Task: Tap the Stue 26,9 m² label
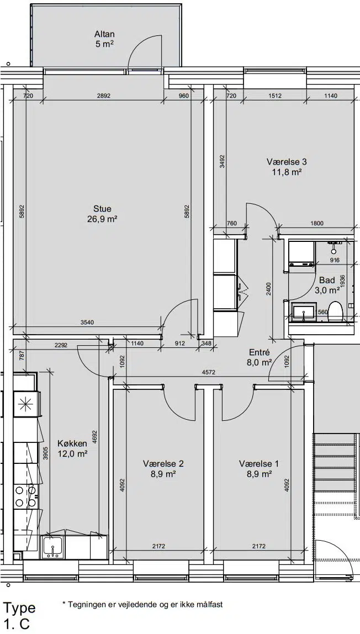(x=102, y=214)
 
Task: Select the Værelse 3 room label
(x=287, y=167)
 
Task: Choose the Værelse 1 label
(x=259, y=469)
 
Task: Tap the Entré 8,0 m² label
(x=260, y=357)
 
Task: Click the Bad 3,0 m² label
(x=327, y=285)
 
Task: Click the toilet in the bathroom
(x=335, y=312)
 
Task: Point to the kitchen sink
(x=52, y=547)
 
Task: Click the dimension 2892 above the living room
(x=103, y=96)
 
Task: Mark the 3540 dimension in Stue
(x=87, y=323)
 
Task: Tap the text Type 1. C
(x=19, y=615)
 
